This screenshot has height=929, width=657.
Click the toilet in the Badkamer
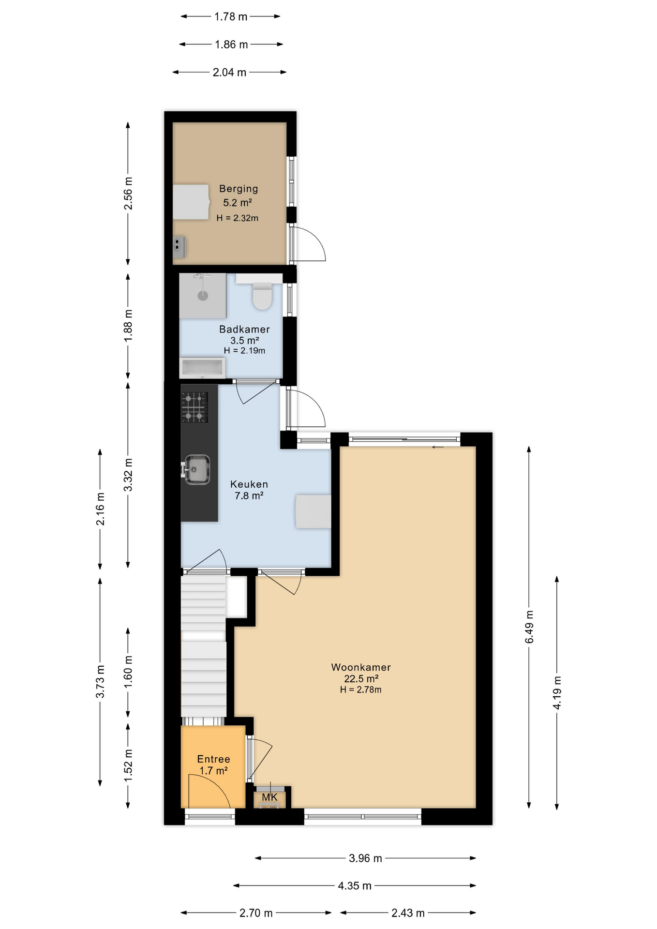coord(262,296)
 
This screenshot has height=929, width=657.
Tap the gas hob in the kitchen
coord(194,407)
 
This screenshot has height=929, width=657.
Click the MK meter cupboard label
coord(269,797)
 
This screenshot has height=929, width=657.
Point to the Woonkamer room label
coord(360,667)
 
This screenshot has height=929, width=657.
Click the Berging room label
coord(239,189)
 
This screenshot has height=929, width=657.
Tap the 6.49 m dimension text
coord(529,627)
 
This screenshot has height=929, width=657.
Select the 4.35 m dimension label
coord(355,886)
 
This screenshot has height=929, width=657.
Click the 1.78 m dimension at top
coord(231,17)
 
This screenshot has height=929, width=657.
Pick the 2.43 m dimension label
coord(408,913)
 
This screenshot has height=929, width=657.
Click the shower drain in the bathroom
coord(203,296)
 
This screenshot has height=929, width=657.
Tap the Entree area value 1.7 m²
coord(213,771)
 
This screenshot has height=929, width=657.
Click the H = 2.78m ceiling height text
coord(360,690)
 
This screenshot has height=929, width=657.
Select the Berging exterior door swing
coord(310,244)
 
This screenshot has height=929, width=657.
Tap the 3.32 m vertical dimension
coord(128,475)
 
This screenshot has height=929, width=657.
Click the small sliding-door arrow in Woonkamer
coord(438,447)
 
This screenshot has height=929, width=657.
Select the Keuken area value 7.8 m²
coord(249,496)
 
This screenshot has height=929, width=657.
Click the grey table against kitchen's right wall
coord(314,511)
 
